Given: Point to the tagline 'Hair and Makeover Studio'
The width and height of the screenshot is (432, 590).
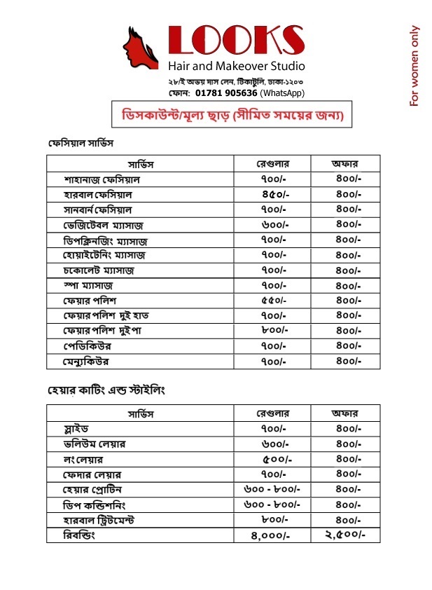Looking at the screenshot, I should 236,67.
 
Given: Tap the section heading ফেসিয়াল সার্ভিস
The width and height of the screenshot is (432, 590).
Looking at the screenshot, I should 81,143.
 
